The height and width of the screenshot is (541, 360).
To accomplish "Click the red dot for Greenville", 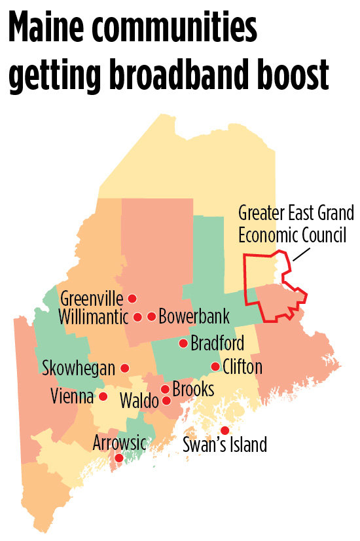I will (132, 298).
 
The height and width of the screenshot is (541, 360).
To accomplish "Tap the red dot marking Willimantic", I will (137, 317).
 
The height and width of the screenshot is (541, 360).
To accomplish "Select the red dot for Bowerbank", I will (152, 317).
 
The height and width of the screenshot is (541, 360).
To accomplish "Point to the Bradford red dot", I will (183, 343).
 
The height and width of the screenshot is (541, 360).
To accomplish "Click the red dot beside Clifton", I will (215, 366).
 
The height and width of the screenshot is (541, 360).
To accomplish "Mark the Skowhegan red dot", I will (124, 367).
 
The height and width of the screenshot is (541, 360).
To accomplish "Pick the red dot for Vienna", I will (103, 396).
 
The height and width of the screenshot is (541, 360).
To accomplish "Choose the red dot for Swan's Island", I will (225, 430).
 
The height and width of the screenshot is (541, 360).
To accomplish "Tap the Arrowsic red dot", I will (118, 458).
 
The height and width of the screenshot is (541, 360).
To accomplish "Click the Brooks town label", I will (194, 389).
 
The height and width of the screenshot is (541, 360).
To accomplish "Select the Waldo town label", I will (139, 401).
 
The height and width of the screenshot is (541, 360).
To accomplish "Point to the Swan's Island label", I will (225, 445).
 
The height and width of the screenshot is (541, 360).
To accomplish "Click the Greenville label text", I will (92, 299).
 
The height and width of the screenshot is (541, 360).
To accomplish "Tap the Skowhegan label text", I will (79, 367).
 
